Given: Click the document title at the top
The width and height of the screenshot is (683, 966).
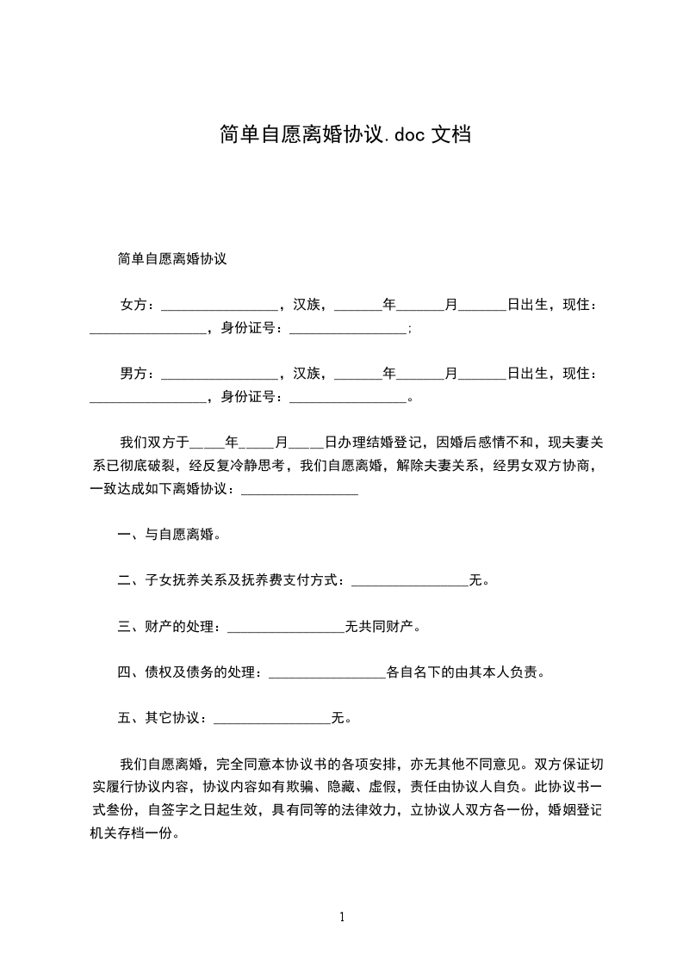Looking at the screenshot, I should (x=344, y=135).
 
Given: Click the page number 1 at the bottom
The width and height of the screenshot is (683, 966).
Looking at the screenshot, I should (x=342, y=918).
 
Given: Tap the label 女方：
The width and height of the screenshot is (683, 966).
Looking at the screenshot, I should (x=139, y=305).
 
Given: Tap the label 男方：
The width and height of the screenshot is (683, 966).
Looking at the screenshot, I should (x=139, y=374).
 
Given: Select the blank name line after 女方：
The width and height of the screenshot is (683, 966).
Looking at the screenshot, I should (x=220, y=307).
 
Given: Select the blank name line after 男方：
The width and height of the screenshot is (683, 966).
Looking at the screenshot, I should (x=220, y=376).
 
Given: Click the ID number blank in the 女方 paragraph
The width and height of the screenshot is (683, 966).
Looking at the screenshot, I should (x=348, y=331).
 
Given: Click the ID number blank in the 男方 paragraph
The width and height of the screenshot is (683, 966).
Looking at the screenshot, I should (x=348, y=399).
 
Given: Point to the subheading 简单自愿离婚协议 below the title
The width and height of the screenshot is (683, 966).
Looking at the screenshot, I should (x=172, y=258).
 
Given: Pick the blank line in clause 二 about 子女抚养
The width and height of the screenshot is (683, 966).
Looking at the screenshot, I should (x=410, y=583).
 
